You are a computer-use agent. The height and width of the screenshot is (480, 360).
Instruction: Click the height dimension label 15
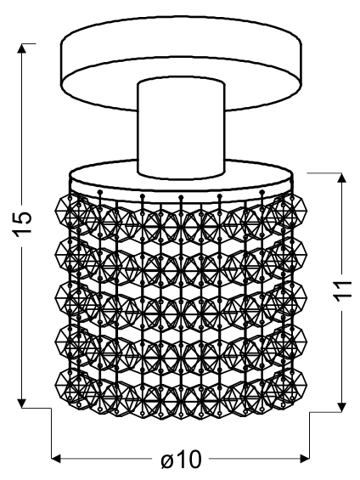[22, 222]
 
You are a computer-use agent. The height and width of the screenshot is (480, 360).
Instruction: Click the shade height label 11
[344, 290]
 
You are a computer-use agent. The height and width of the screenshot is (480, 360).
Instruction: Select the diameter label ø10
[182, 460]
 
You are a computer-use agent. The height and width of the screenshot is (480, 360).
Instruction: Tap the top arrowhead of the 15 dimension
[22, 49]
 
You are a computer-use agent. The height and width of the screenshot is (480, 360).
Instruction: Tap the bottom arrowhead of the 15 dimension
[22, 402]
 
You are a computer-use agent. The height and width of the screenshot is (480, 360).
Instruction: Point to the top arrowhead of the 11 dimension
[341, 178]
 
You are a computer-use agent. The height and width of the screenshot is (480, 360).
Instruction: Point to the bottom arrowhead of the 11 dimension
[341, 406]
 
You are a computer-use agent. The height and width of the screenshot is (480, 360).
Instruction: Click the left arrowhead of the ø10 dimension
[57, 459]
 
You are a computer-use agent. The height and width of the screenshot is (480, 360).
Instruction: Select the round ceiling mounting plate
[182, 63]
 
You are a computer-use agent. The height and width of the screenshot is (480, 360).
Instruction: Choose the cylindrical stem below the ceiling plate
[182, 128]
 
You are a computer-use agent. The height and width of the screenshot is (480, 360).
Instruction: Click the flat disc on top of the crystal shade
[182, 181]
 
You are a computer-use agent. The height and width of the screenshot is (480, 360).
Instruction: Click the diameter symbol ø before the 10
[167, 460]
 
